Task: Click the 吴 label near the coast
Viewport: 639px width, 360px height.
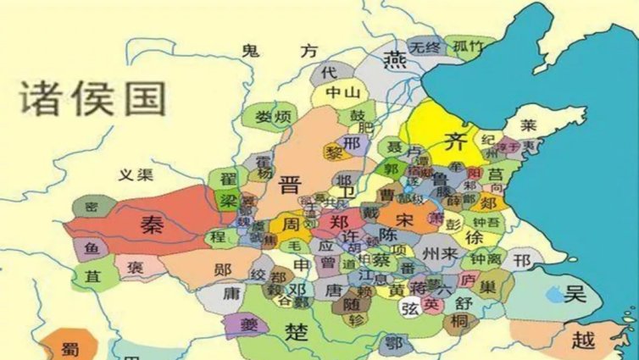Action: [x=577, y=294]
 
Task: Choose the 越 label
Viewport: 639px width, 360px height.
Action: [x=583, y=341]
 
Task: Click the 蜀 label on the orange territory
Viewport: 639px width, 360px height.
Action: [x=71, y=349]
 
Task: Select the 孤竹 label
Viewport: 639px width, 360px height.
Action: [x=470, y=46]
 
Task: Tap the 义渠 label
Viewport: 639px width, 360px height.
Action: [x=135, y=175]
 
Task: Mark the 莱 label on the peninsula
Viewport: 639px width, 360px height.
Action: [x=529, y=125]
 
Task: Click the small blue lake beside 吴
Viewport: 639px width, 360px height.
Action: [x=553, y=295]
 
